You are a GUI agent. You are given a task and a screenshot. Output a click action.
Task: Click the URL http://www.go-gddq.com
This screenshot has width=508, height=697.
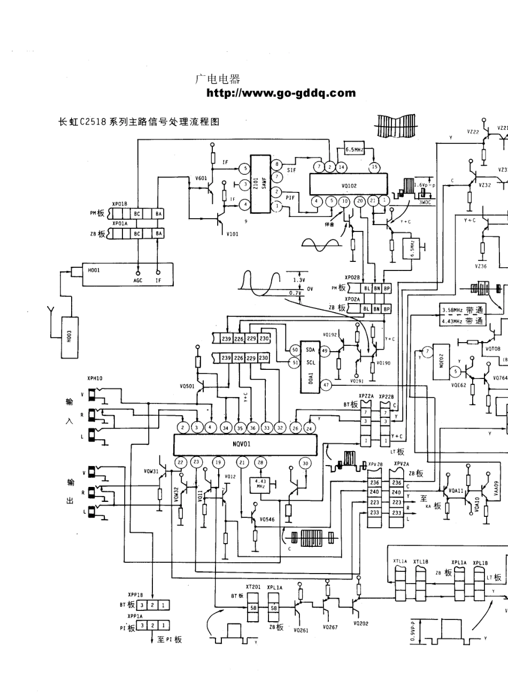(281, 94)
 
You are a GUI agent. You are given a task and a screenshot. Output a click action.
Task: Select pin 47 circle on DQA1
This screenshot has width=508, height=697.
(326, 384)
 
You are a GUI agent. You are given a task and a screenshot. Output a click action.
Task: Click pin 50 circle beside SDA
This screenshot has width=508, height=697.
(294, 350)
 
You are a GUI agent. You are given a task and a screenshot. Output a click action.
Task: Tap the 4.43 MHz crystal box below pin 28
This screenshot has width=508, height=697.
(261, 484)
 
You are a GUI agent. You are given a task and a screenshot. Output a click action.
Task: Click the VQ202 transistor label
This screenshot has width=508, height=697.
(360, 623)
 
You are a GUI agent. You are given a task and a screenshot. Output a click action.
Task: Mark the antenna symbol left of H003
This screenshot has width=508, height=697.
(51, 311)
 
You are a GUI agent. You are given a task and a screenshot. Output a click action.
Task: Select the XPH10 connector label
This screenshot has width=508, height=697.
(95, 378)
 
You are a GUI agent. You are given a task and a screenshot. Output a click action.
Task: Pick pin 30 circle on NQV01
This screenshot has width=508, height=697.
(305, 463)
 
